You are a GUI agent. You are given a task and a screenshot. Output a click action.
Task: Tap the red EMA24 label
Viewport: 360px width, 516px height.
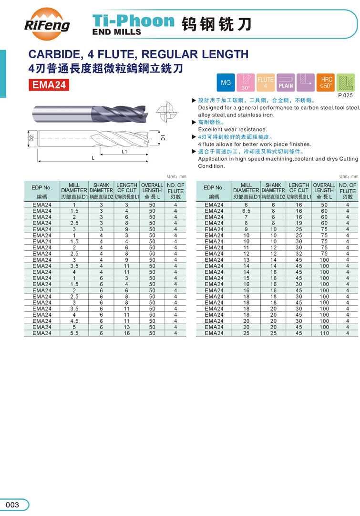pos(49,85)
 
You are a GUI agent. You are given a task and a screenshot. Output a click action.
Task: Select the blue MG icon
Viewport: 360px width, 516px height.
pos(226,83)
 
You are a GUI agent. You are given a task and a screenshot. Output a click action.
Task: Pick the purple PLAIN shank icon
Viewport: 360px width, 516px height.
pos(286,83)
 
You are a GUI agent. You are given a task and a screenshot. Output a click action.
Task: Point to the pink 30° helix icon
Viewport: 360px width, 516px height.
pos(246,83)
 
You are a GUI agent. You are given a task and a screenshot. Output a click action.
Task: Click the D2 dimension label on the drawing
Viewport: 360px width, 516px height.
pos(31,139)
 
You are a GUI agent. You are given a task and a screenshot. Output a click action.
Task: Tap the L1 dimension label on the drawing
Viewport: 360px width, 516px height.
pos(124,151)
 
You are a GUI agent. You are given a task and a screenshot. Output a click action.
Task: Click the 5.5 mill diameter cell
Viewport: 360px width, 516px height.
pos(74,333)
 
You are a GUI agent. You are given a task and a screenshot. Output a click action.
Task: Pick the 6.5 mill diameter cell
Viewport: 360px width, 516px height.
pos(246,211)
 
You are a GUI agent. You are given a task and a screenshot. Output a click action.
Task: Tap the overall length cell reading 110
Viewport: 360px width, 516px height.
pos(324,333)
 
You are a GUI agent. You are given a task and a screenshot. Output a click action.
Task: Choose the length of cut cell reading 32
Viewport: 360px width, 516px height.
pos(299,254)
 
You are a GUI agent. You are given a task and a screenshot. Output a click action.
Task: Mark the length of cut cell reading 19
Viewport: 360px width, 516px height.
pos(299,223)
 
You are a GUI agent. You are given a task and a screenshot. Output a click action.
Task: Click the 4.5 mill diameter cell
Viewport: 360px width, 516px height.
pos(74,321)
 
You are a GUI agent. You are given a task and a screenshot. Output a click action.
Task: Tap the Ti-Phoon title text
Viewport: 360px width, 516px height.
pos(134,20)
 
